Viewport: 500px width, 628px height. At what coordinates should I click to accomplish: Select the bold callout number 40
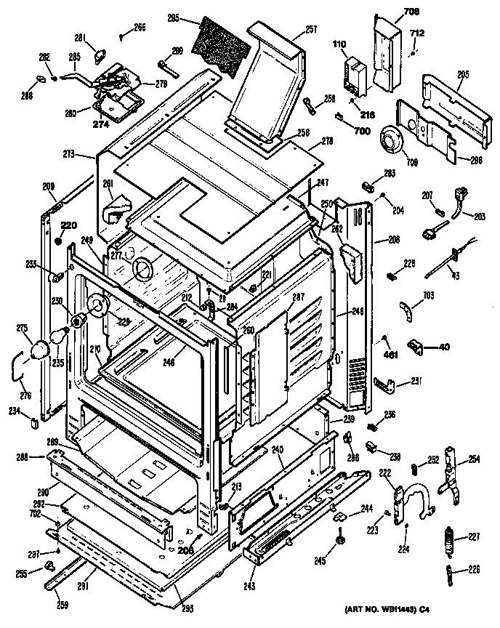tap(443, 346)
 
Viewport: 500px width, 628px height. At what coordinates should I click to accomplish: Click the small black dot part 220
tap(58, 239)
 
